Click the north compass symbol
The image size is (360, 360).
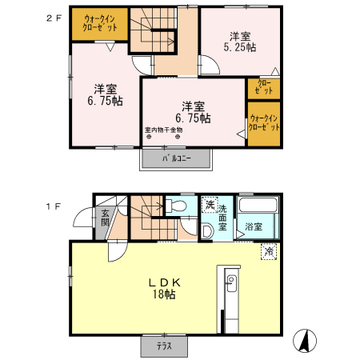point(305,341)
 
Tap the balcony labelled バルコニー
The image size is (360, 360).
point(176,158)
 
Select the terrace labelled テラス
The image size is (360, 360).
point(164,346)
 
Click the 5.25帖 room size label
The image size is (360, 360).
point(240,47)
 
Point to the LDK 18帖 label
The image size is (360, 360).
point(164,289)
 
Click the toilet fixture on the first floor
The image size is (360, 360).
point(176,206)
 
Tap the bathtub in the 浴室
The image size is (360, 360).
point(258,205)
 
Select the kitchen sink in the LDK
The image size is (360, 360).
point(231,283)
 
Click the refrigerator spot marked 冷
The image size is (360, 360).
point(269,251)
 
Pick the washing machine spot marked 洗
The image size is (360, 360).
point(210,205)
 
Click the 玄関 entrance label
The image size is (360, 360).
point(105,218)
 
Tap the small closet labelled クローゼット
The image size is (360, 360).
point(263,89)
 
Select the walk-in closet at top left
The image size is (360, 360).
point(99,24)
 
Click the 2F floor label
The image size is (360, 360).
point(54,18)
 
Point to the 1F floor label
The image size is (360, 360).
point(54,206)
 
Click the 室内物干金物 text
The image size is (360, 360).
point(163,130)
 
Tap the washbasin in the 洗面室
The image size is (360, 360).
point(206,231)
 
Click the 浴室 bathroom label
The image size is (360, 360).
point(254,226)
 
